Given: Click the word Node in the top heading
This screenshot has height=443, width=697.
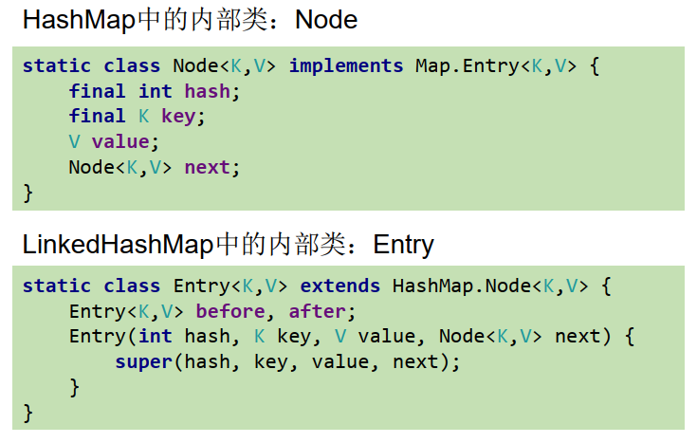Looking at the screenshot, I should [x=326, y=19].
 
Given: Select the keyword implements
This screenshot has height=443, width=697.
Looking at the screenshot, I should [x=346, y=66].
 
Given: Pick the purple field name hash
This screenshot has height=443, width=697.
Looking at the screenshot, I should [x=207, y=92].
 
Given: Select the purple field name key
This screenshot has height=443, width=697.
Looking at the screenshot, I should [x=183, y=117].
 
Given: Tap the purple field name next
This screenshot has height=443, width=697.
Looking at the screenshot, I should [x=207, y=168].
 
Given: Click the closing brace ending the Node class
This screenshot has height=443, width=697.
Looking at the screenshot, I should [x=28, y=194].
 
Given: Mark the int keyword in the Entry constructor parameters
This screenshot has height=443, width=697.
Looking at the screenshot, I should [x=155, y=337].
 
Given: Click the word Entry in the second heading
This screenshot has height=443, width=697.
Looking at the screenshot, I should [x=403, y=245].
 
